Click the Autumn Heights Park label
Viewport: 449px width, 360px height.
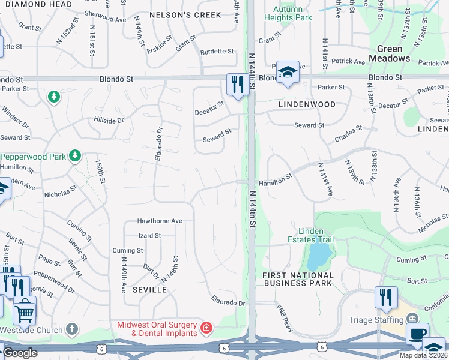pyautogui.click(x=292, y=13)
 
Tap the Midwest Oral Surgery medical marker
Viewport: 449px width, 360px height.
pyautogui.click(x=206, y=328)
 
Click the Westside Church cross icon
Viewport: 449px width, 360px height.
pyautogui.click(x=71, y=329)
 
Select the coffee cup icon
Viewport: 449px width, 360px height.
pyautogui.click(x=417, y=333)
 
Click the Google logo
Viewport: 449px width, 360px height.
pyautogui.click(x=19, y=353)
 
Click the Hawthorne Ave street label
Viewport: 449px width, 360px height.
pyautogui.click(x=159, y=221)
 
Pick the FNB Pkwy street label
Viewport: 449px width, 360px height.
pyautogui.click(x=283, y=315)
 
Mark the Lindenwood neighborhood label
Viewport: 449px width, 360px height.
pyautogui.click(x=307, y=104)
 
